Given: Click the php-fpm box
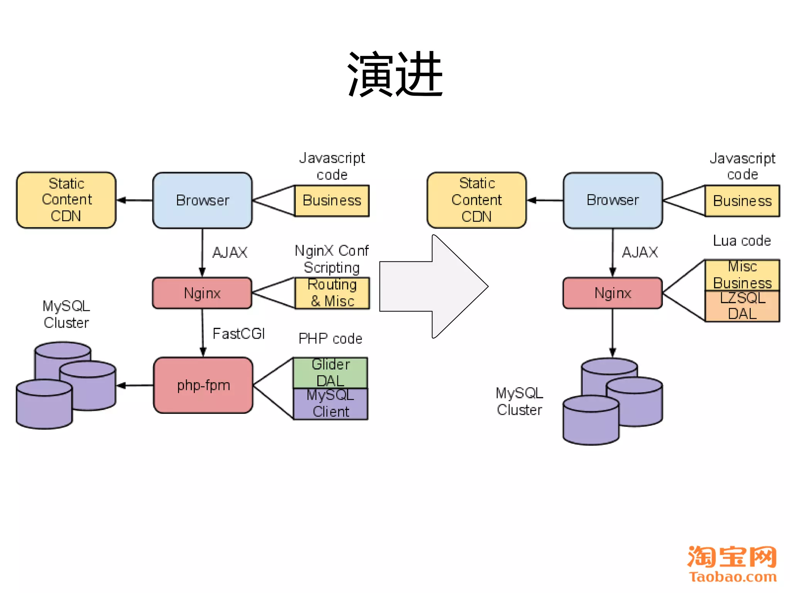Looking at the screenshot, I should pyautogui.click(x=203, y=385).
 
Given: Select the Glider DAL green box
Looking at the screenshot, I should pyautogui.click(x=331, y=373).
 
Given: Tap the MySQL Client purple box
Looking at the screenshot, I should pyautogui.click(x=331, y=403).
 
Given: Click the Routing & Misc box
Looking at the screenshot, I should pyautogui.click(x=332, y=293).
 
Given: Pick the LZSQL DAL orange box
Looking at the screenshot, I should pyautogui.click(x=742, y=306).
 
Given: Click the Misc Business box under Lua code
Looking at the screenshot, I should pyautogui.click(x=742, y=275).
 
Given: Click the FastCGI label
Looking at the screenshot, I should pyautogui.click(x=239, y=334).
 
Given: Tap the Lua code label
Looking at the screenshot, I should pyautogui.click(x=741, y=241).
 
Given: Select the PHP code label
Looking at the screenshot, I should pyautogui.click(x=330, y=339).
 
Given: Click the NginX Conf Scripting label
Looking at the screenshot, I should pyautogui.click(x=332, y=259).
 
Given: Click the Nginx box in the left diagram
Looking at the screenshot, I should pyautogui.click(x=202, y=293).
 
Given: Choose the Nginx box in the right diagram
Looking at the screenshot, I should pyautogui.click(x=613, y=293).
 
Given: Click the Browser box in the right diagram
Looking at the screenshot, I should pyautogui.click(x=613, y=200).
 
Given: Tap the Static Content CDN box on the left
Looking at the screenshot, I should pyautogui.click(x=66, y=200).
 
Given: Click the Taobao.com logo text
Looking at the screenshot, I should pyautogui.click(x=733, y=577).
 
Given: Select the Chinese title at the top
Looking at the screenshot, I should pyautogui.click(x=395, y=74).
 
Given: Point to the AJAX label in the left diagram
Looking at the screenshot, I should pyautogui.click(x=230, y=252).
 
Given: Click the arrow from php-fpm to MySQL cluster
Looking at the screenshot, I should pyautogui.click(x=135, y=385).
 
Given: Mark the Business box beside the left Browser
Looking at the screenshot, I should pyautogui.click(x=332, y=201).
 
